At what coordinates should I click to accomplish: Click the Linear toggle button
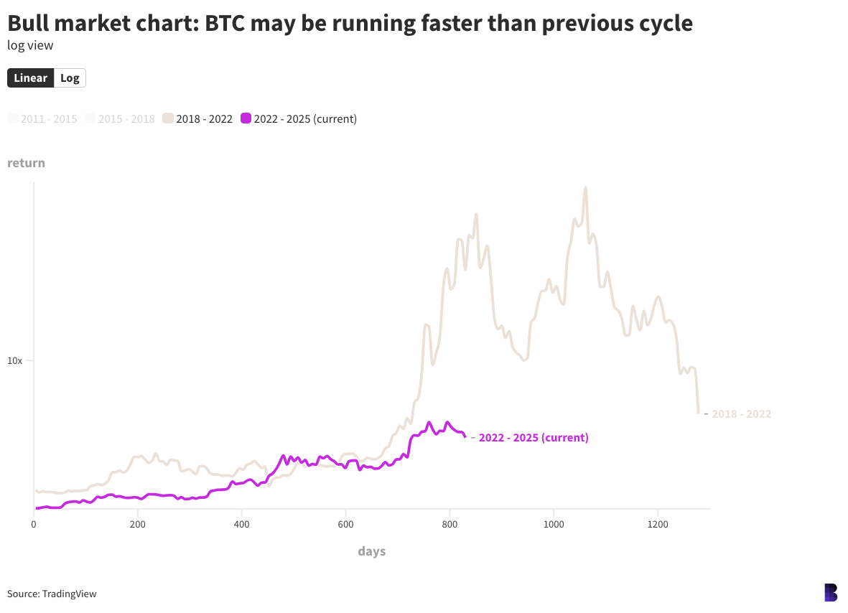click(31, 78)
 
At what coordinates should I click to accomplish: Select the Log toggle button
click(70, 78)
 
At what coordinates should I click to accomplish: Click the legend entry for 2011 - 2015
click(42, 119)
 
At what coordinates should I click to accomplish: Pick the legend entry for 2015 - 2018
click(120, 119)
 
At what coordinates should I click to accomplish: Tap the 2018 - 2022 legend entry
click(198, 119)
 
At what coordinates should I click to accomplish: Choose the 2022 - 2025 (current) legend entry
click(299, 119)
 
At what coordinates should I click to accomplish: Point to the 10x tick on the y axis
click(15, 360)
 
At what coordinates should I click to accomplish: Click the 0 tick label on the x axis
click(34, 525)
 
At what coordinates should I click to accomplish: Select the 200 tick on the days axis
click(138, 525)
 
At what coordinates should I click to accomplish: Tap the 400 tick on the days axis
click(242, 525)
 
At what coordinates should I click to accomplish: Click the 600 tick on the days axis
click(345, 525)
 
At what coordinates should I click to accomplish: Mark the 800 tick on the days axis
click(449, 525)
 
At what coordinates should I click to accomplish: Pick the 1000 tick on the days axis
click(554, 525)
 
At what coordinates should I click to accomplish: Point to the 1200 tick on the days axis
click(658, 525)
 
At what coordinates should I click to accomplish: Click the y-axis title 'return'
click(26, 163)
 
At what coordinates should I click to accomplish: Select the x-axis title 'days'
click(372, 551)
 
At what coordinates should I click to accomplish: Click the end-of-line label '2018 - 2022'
click(741, 414)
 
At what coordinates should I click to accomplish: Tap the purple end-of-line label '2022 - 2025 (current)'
click(534, 438)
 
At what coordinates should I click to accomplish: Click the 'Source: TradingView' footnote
click(52, 594)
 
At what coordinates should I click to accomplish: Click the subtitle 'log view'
click(30, 45)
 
